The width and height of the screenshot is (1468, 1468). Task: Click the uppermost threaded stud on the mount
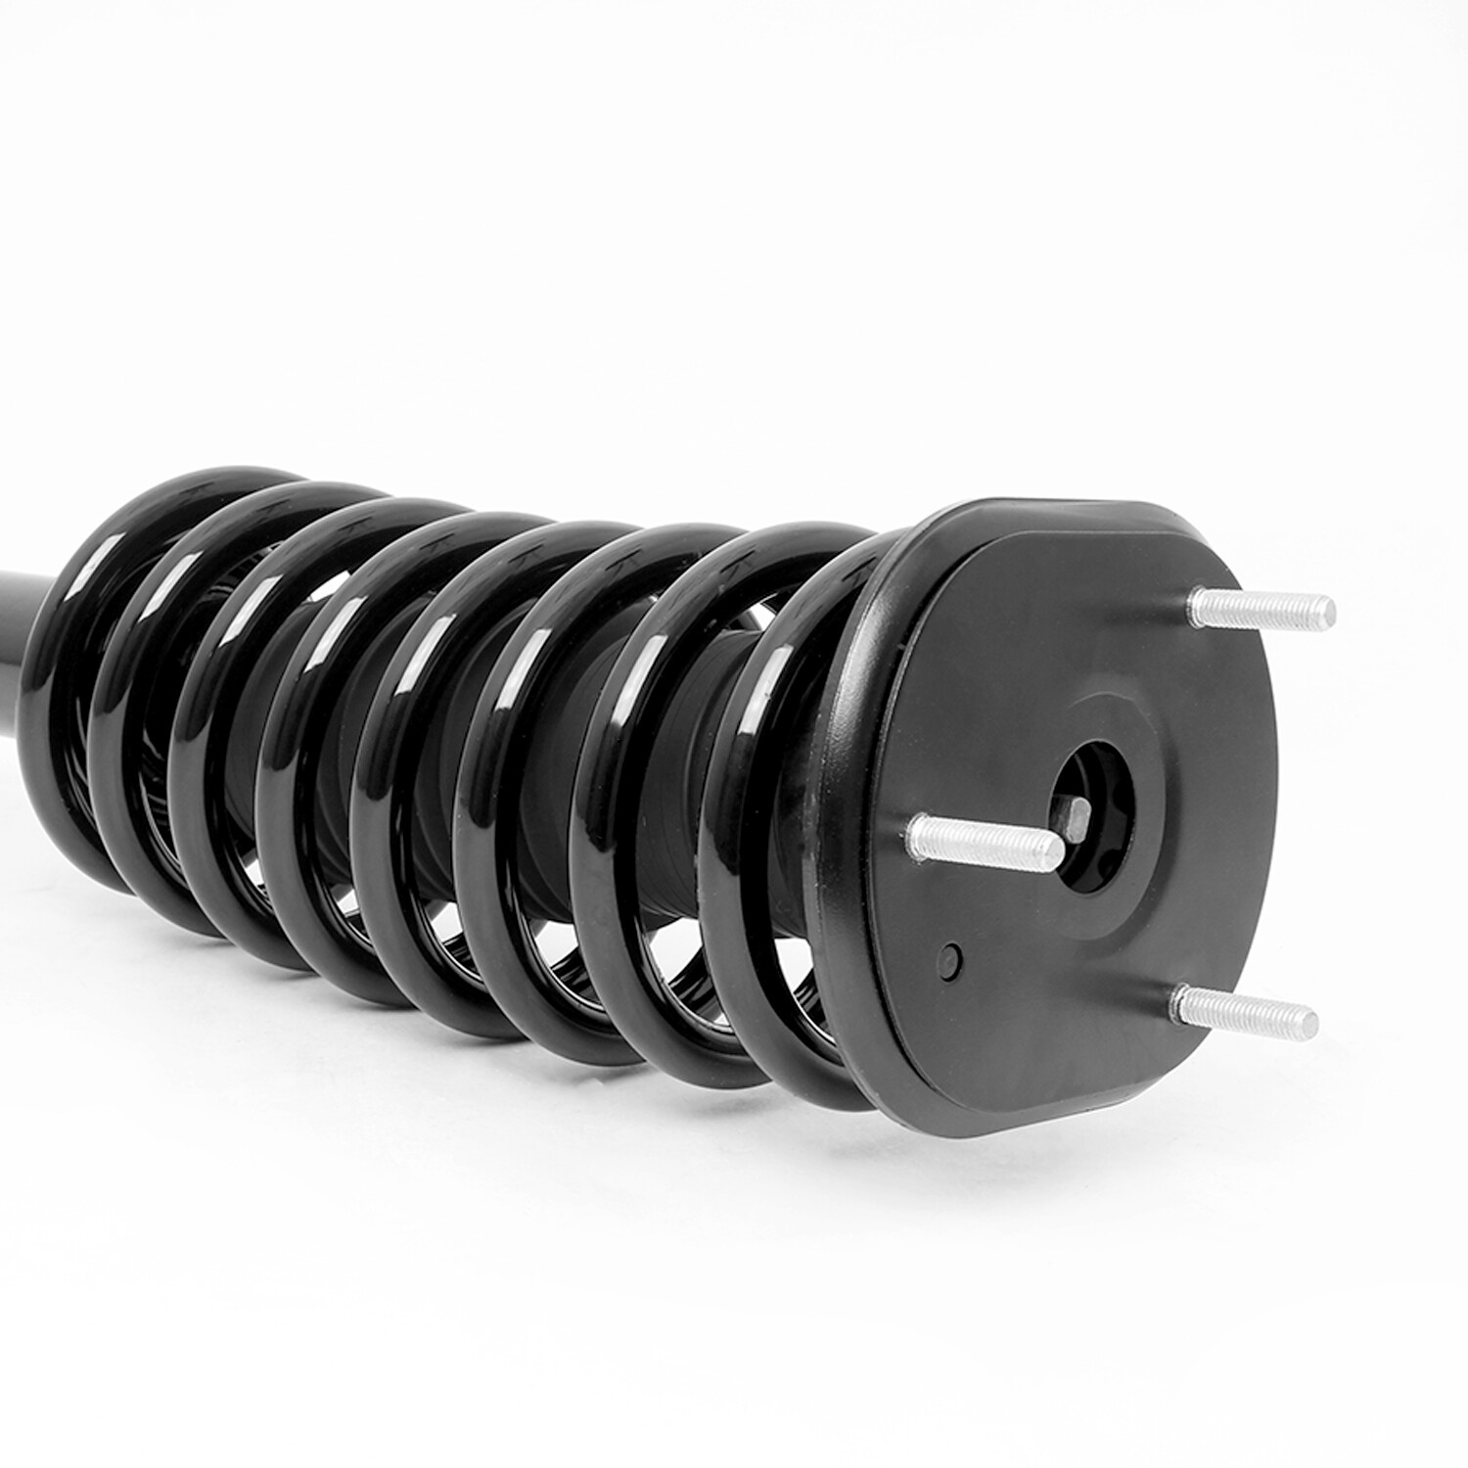[x=1262, y=610]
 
